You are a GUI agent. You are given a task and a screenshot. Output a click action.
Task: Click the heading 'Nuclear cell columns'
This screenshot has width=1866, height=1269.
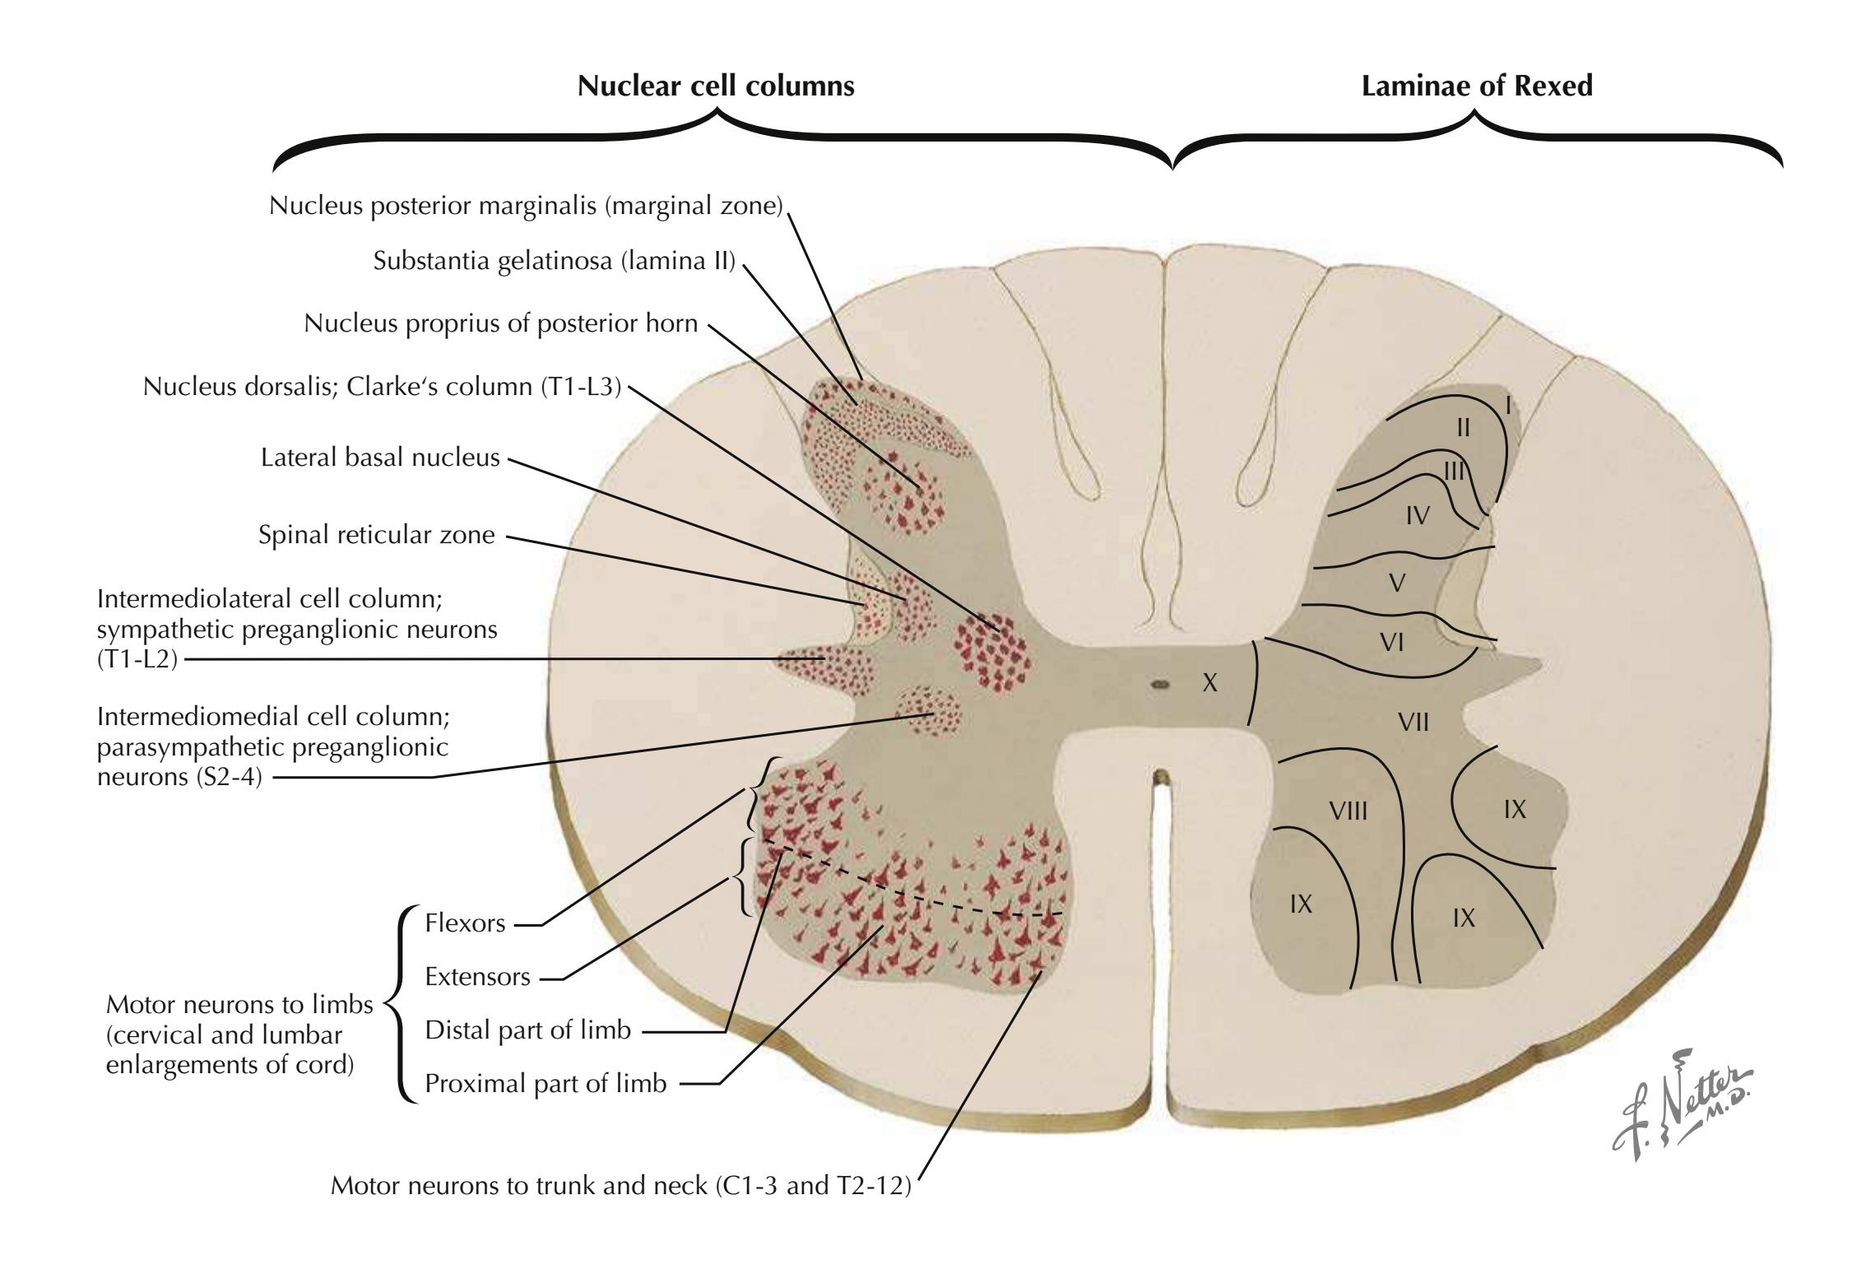coord(716,86)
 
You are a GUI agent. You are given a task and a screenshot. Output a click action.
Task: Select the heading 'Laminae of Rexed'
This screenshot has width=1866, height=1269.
coord(1477,86)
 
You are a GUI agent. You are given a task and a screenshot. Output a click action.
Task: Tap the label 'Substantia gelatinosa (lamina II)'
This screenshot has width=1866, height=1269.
coord(554,261)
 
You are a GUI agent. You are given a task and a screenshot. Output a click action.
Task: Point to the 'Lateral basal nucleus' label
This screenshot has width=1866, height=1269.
coord(380,458)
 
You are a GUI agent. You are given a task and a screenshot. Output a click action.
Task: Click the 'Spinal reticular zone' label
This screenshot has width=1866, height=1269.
coord(376,535)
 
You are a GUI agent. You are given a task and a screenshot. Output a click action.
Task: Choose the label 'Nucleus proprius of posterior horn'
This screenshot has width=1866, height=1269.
coord(500,323)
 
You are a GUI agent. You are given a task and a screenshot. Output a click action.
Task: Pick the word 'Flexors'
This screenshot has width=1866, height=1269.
coord(465,923)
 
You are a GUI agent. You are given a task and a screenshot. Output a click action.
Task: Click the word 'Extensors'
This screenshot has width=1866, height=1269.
coord(477,977)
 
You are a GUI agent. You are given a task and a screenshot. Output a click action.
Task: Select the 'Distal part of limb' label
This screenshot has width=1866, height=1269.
coord(527,1030)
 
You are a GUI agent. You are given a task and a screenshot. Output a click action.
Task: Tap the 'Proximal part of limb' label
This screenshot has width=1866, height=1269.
coord(545,1084)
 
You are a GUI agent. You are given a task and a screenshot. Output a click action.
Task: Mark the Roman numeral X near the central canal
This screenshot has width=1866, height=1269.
coord(1209,682)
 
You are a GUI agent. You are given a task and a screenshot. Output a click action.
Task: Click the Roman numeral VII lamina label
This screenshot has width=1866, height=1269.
coord(1413,723)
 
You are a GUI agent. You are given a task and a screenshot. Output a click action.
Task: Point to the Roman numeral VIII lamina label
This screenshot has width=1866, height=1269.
coord(1348,812)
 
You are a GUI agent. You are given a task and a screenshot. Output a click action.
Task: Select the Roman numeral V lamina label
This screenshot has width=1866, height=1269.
coord(1396,583)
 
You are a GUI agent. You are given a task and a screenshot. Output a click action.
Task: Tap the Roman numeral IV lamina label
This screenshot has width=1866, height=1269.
coord(1417,516)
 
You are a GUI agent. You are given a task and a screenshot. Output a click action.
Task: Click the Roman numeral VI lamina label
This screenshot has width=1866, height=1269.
coord(1391,642)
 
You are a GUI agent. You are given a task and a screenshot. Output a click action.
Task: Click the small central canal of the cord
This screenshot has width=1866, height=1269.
coord(1160,683)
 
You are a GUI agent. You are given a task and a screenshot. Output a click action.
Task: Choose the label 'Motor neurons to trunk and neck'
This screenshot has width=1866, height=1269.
coord(621,1186)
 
